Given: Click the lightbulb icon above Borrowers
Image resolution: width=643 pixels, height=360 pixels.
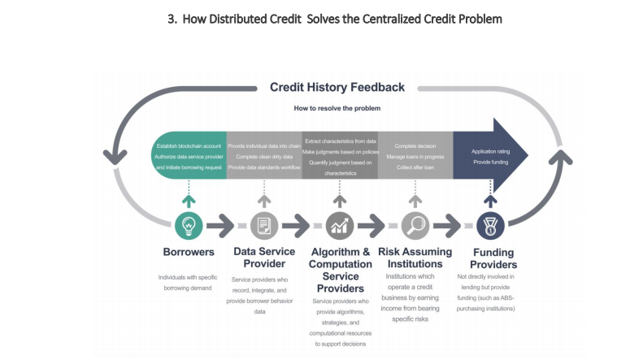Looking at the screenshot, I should pos(189,224).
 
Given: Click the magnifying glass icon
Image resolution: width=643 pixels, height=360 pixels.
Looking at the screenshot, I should pos(415,224).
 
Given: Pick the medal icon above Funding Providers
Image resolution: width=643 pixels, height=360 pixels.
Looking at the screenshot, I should pos(490,224).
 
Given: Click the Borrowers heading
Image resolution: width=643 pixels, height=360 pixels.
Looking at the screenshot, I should pos(189,252).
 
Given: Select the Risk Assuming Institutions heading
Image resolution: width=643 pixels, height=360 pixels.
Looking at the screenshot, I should pos(415,258).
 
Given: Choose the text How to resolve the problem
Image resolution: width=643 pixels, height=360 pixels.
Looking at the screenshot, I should pos(337,108).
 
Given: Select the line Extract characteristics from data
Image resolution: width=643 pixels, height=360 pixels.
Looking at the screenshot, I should pos(340,141).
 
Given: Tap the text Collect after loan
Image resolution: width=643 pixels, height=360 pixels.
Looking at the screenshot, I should pos(414,167).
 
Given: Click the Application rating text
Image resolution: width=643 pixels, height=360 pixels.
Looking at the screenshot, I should pos(490,151).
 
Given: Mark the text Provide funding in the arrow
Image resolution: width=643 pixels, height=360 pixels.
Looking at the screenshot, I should pos(490,163).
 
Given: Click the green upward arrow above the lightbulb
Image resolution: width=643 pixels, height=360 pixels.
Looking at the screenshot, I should pos(189,199).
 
